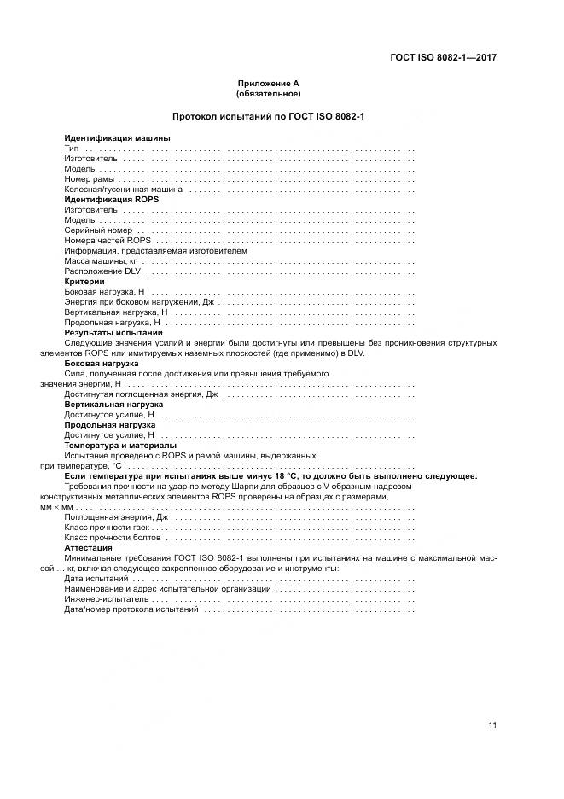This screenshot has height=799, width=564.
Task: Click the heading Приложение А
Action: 269,84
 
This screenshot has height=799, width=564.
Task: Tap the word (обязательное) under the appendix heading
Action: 269,94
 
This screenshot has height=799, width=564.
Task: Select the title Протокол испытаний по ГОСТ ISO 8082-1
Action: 269,116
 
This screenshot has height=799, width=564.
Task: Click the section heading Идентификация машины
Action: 117,138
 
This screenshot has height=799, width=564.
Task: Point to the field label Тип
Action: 72,149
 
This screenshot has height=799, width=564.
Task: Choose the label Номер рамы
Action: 89,179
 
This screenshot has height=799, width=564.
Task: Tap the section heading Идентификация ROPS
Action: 111,199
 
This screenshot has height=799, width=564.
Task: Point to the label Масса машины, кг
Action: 101,261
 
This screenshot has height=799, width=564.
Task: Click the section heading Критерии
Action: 84,282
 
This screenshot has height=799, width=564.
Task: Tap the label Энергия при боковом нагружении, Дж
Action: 137,302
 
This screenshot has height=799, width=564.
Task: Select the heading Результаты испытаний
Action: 113,333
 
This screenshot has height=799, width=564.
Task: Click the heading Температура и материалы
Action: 120,446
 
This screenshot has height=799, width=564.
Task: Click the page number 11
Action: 492,726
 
